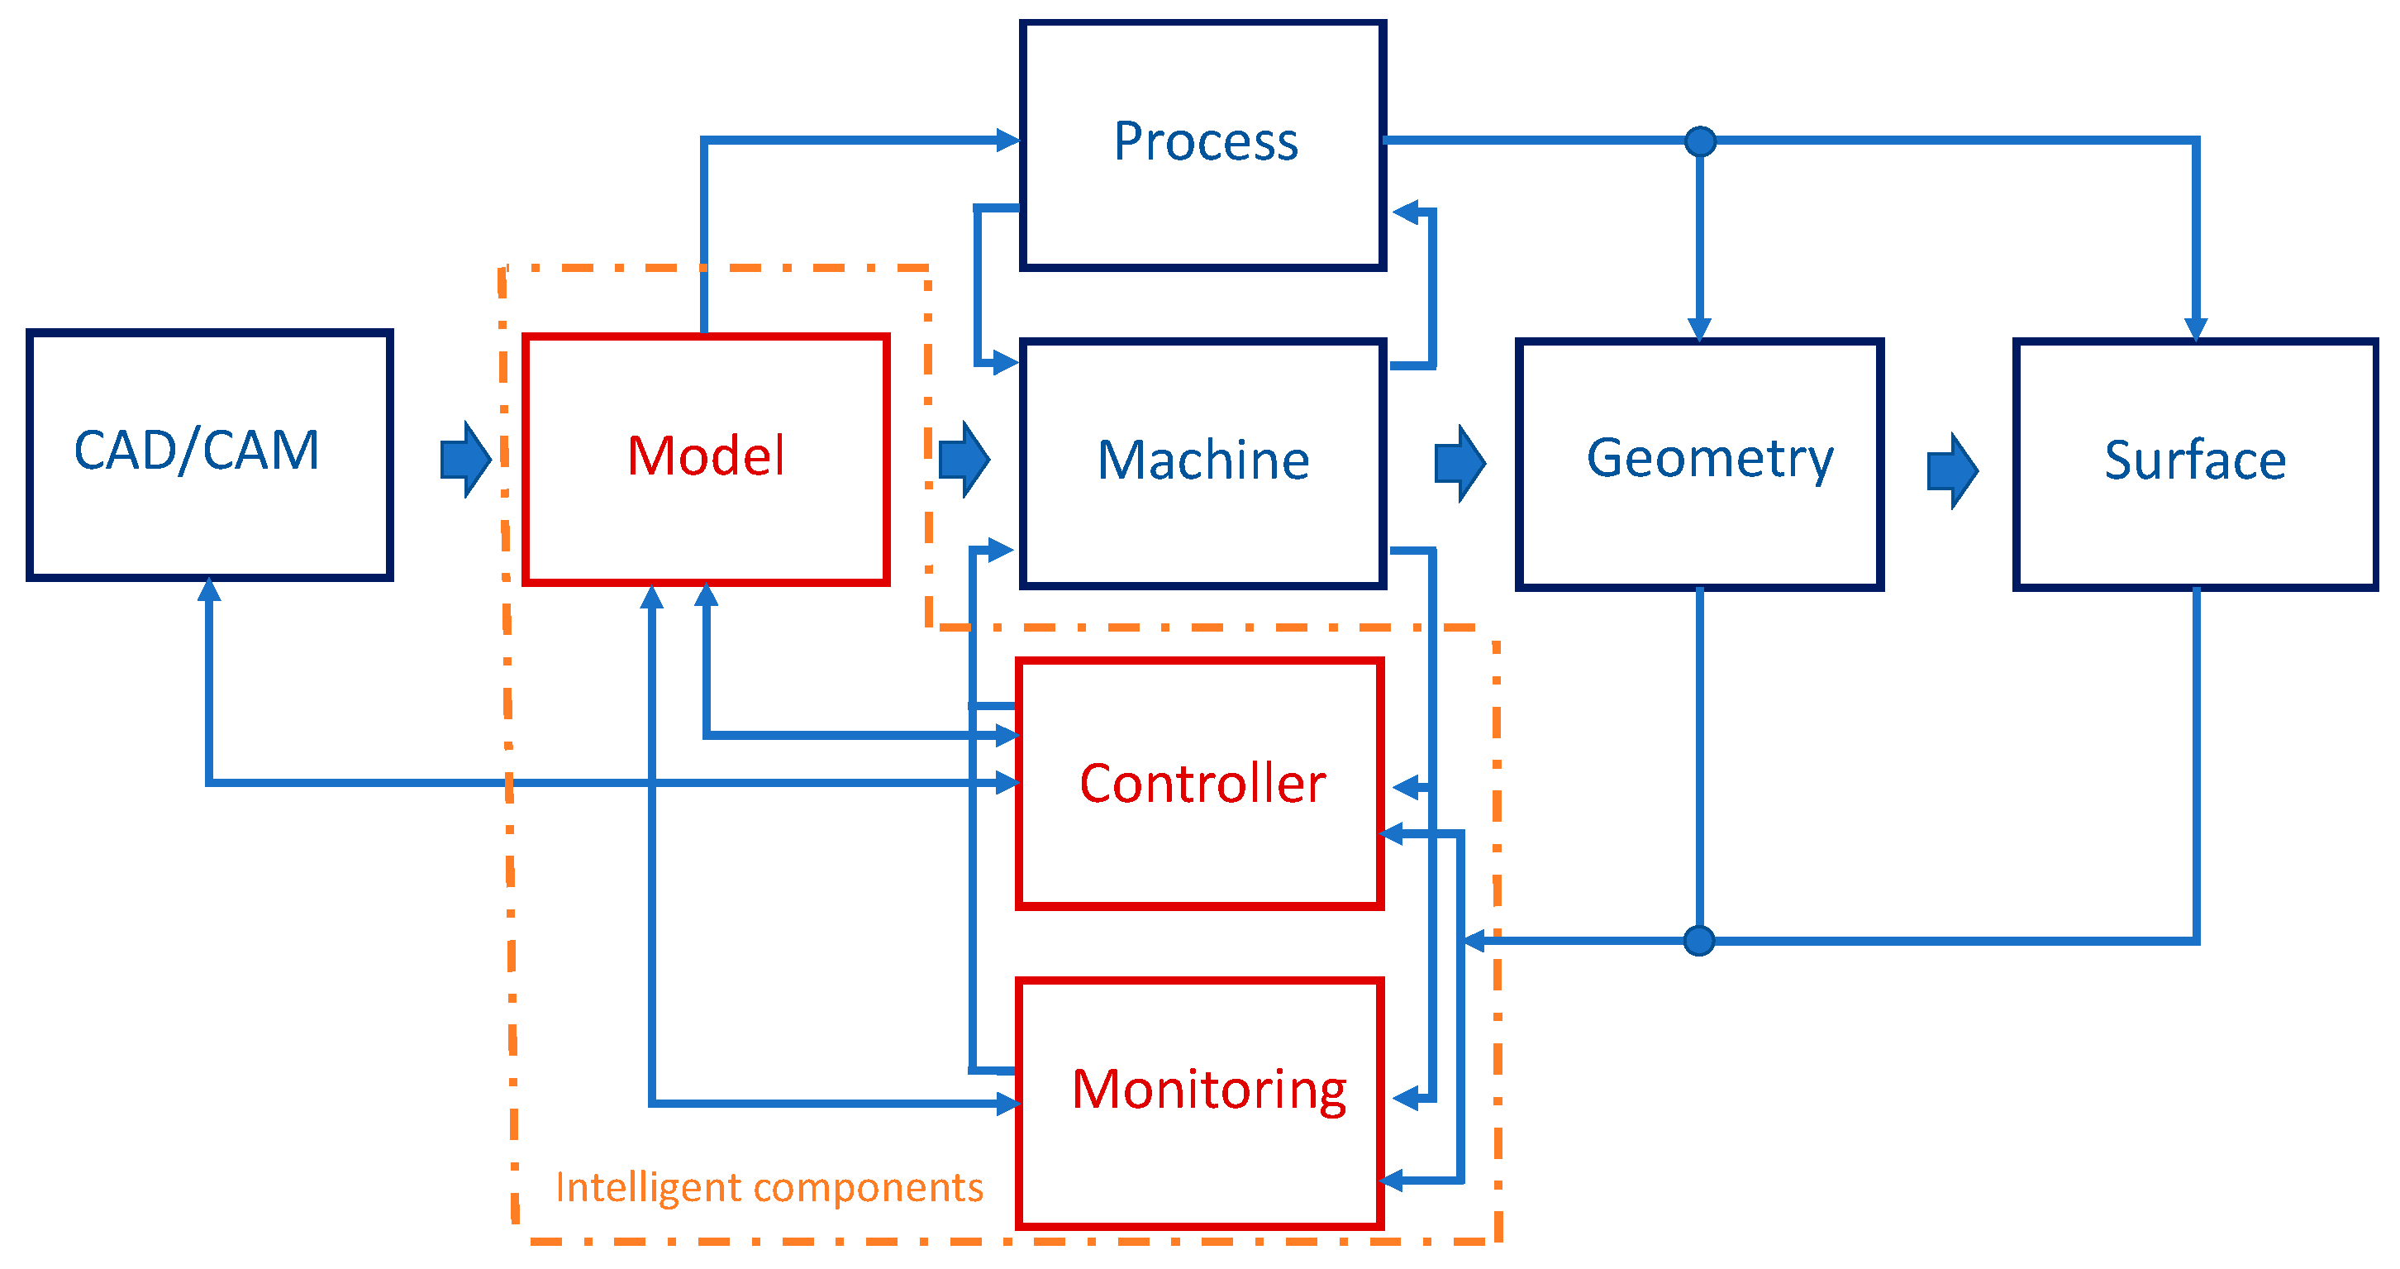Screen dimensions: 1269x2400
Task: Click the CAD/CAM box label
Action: pyautogui.click(x=197, y=451)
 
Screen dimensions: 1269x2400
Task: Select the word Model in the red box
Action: pyautogui.click(x=705, y=456)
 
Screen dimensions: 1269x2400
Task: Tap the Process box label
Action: pyautogui.click(x=1206, y=141)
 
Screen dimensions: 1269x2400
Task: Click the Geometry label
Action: pyautogui.click(x=1710, y=458)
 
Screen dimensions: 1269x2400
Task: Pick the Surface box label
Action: pyautogui.click(x=2195, y=460)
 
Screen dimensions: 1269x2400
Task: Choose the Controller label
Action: pyautogui.click(x=1202, y=784)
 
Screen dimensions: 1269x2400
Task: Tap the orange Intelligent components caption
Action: pyautogui.click(x=769, y=1188)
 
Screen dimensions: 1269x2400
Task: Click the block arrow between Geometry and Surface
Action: pyautogui.click(x=1952, y=470)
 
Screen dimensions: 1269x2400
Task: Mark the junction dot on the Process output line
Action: pyautogui.click(x=1700, y=141)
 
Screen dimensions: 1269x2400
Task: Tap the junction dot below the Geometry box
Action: pyautogui.click(x=1699, y=940)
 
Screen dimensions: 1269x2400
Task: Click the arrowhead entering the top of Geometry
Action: pyautogui.click(x=1699, y=329)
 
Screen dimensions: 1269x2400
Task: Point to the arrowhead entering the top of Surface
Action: pyautogui.click(x=2196, y=329)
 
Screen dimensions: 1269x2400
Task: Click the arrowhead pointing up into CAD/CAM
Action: pyautogui.click(x=210, y=589)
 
